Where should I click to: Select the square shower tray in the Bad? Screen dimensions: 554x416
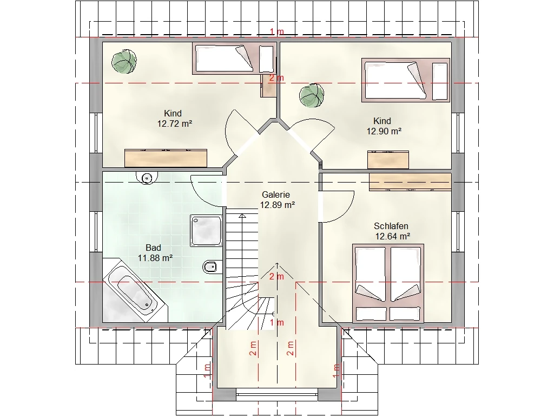(206, 230)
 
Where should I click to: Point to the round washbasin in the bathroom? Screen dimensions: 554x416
(146, 178)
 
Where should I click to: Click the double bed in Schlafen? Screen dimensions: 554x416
(388, 283)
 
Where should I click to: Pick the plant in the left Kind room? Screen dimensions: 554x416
(124, 62)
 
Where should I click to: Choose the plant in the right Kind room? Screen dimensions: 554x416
(312, 95)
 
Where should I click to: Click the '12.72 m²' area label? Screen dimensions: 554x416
(175, 124)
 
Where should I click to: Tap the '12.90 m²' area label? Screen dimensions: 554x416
(384, 131)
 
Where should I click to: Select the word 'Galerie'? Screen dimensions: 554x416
(275, 194)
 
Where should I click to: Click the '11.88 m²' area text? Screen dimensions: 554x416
(155, 258)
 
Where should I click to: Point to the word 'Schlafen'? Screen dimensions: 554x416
(391, 226)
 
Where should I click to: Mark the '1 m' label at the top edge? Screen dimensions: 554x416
(276, 31)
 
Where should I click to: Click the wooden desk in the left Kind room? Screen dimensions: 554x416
(166, 158)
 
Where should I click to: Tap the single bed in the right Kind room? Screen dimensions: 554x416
(406, 80)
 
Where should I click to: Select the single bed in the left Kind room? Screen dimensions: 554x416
(234, 58)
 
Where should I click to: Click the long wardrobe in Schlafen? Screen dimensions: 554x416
(410, 182)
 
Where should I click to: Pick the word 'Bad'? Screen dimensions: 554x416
(153, 248)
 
